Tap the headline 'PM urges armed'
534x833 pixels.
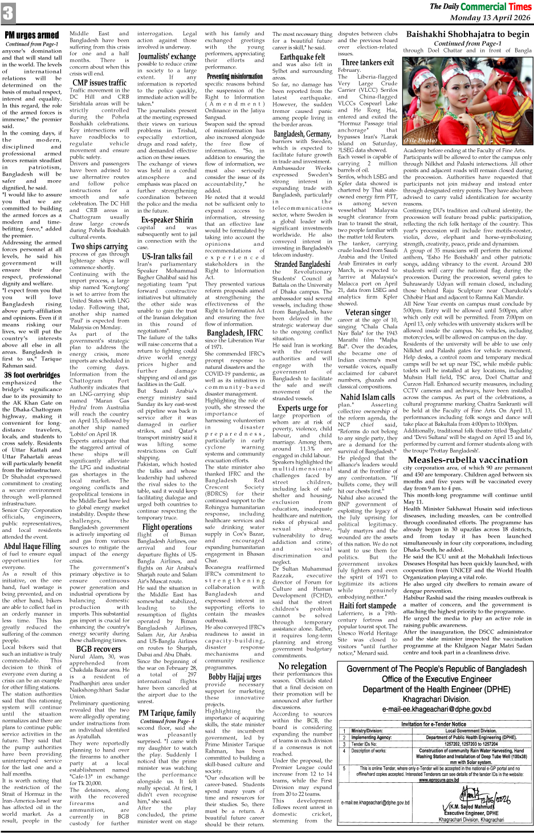click(x=32, y=35)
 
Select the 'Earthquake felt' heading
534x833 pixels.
click(x=302, y=56)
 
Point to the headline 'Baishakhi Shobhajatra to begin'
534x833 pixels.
click(x=467, y=34)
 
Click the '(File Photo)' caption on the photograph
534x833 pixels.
click(x=421, y=140)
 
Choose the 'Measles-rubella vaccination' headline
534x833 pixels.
click(x=468, y=460)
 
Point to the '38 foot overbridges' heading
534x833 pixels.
click(x=32, y=375)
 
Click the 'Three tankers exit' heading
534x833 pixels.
click(x=368, y=62)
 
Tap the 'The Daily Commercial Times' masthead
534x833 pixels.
click(x=480, y=6)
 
